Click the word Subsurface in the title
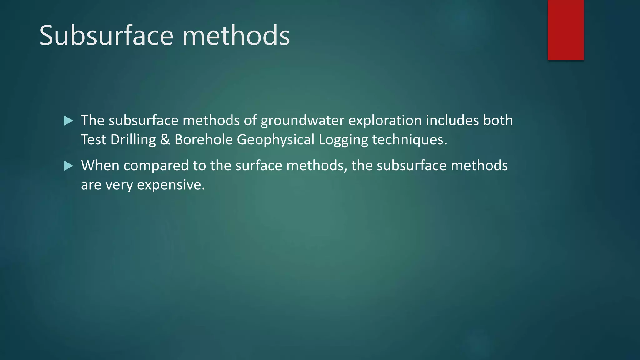coord(106,36)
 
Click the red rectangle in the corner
coord(566,30)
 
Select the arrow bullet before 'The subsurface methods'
coord(68,121)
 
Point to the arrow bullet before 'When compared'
coord(68,166)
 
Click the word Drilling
coord(133,140)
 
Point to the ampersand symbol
coord(165,140)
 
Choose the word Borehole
coord(203,140)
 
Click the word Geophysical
coord(276,140)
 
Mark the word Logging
coord(343,140)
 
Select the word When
coord(100,166)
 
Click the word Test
coord(93,140)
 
